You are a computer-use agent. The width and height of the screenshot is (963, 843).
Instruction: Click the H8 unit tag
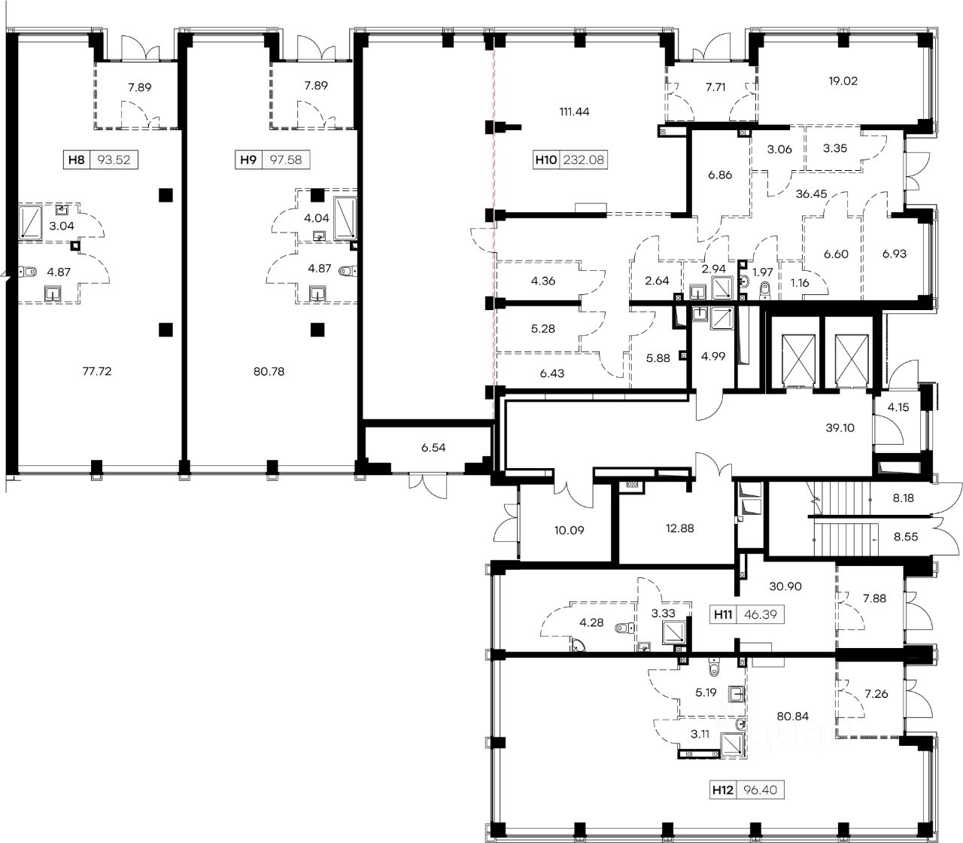tap(76, 160)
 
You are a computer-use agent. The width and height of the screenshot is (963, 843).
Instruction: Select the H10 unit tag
tap(546, 160)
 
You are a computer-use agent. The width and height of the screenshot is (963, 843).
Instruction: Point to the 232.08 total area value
tap(583, 160)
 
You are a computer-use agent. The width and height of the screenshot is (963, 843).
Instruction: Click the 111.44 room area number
tap(574, 111)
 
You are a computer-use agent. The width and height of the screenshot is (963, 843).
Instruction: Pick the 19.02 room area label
tap(843, 81)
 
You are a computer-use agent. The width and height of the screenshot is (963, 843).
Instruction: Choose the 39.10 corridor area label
tap(840, 428)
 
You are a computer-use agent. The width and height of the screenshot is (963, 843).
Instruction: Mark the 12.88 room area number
tap(679, 528)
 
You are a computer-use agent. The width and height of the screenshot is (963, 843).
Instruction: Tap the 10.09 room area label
tap(569, 531)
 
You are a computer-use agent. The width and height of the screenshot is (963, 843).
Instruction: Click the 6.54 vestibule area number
tap(433, 447)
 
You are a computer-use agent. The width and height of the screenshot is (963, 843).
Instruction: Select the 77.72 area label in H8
tap(97, 371)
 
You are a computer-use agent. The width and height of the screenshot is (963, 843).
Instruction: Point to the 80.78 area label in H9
tap(269, 372)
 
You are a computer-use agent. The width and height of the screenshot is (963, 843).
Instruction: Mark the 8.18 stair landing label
tap(904, 498)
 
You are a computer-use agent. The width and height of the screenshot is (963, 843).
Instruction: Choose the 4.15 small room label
tap(898, 407)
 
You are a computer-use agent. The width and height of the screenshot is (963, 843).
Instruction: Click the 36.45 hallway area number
tap(812, 193)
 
